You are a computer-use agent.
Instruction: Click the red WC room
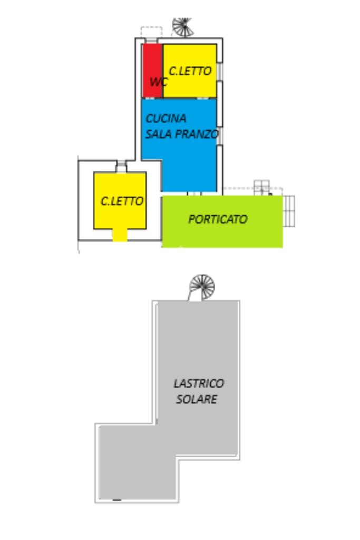[x=152, y=71]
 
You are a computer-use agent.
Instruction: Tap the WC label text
[x=159, y=82]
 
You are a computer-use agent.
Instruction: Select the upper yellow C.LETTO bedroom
[x=190, y=71]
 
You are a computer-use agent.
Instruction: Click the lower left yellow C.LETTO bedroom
[x=120, y=200]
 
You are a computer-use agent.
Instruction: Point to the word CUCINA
[x=166, y=119]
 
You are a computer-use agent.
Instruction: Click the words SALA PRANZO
[x=182, y=134]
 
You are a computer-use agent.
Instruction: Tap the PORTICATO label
[x=218, y=219]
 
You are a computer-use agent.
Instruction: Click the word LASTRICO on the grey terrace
[x=199, y=383]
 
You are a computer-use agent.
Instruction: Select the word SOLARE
[x=197, y=399]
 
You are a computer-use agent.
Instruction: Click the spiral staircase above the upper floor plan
[x=183, y=27]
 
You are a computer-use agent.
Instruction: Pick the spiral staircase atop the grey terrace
[x=202, y=287]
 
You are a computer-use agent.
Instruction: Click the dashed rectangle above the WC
[x=151, y=32]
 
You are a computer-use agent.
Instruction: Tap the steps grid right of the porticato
[x=289, y=211]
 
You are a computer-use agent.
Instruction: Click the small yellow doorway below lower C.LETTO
[x=120, y=235]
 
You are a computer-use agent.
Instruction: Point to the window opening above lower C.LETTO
[x=121, y=167]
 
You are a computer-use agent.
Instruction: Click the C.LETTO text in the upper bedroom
[x=190, y=71]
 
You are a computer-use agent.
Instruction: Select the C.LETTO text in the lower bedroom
[x=122, y=201]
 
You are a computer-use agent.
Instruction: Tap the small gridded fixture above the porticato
[x=261, y=187]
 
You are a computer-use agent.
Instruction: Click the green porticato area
[x=222, y=221]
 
